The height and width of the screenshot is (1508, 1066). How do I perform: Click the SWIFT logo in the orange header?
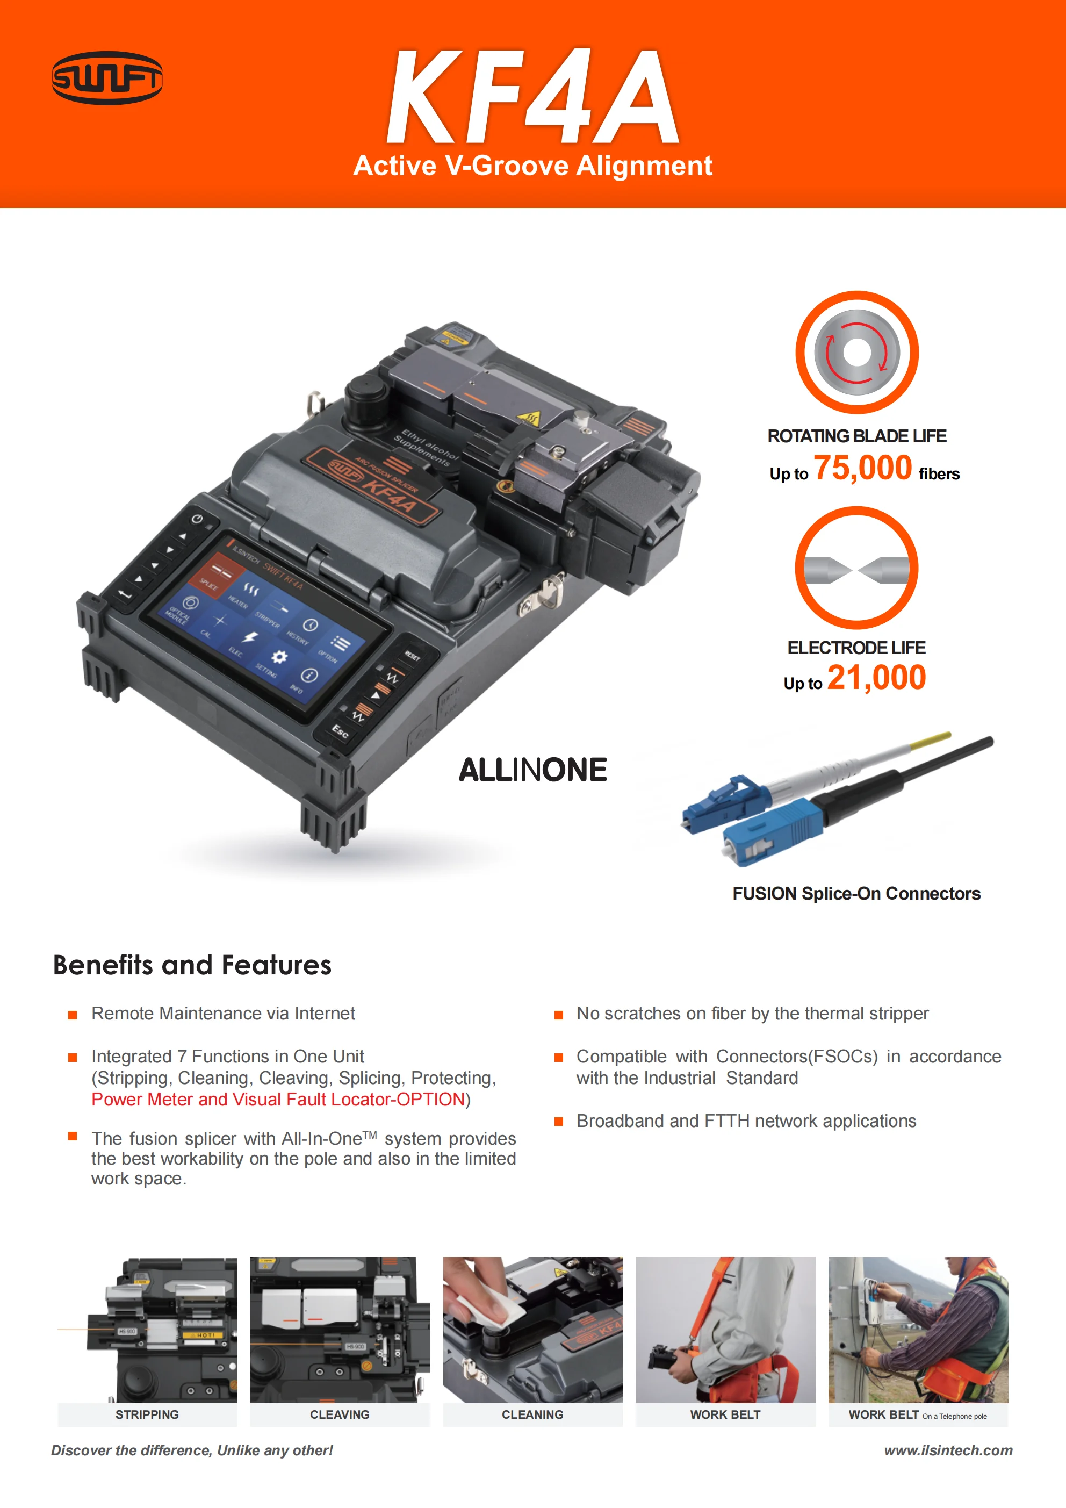pyautogui.click(x=107, y=78)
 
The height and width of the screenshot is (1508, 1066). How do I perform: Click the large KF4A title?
pyautogui.click(x=532, y=97)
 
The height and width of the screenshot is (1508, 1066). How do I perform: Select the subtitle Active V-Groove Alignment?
pyautogui.click(x=532, y=166)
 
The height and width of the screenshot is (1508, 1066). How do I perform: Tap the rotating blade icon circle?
pyautogui.click(x=856, y=353)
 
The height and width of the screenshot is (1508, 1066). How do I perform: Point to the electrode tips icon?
pyautogui.click(x=856, y=569)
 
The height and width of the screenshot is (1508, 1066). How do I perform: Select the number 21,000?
pyautogui.click(x=876, y=678)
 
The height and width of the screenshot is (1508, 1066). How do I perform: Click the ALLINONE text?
pyautogui.click(x=532, y=770)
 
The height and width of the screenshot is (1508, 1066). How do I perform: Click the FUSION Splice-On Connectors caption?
pyautogui.click(x=856, y=893)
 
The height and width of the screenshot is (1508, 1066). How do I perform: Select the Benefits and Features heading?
pyautogui.click(x=192, y=965)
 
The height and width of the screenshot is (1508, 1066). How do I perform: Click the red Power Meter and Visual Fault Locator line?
pyautogui.click(x=278, y=1100)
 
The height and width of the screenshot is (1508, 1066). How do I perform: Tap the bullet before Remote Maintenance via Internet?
pyautogui.click(x=73, y=1015)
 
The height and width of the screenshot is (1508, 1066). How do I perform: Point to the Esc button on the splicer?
pyautogui.click(x=340, y=730)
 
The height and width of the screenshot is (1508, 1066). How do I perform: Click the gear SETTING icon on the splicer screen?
pyautogui.click(x=279, y=657)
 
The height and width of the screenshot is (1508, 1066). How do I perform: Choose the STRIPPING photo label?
pyautogui.click(x=147, y=1414)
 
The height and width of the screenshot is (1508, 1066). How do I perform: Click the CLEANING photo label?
pyautogui.click(x=532, y=1414)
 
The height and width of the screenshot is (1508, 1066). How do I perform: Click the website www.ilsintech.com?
pyautogui.click(x=948, y=1450)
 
